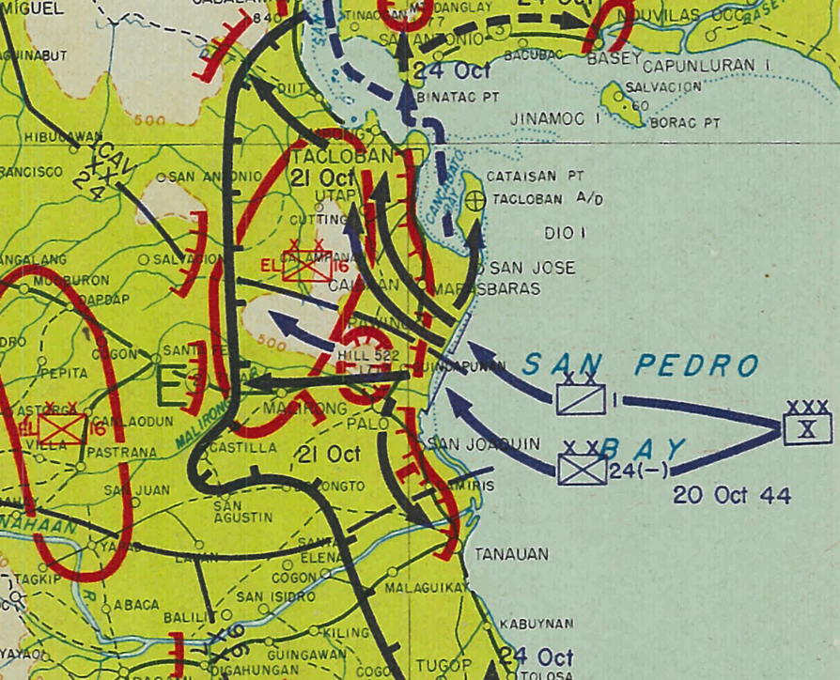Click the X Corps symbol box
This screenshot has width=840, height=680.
pyautogui.click(x=807, y=428)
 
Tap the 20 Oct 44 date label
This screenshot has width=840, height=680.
pyautogui.click(x=732, y=495)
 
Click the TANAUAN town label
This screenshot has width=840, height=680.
pyautogui.click(x=511, y=554)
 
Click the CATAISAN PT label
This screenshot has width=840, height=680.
pyautogui.click(x=535, y=176)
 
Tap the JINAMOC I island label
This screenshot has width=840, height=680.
pyautogui.click(x=555, y=119)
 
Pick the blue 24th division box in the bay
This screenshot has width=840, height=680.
pyautogui.click(x=583, y=468)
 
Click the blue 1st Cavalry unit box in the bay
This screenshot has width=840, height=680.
pyautogui.click(x=581, y=399)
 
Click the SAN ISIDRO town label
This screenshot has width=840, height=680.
pyautogui.click(x=275, y=596)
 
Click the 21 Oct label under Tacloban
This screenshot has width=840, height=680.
pyautogui.click(x=323, y=178)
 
